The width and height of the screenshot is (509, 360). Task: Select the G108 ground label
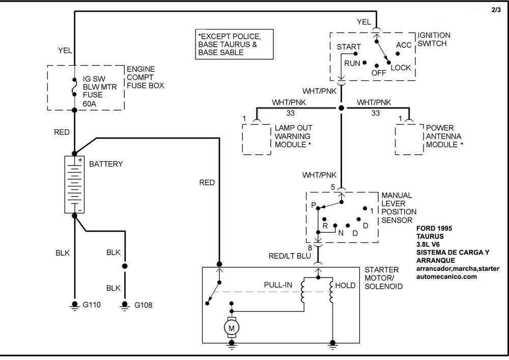(x=144, y=306)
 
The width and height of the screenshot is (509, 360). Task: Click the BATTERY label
(x=106, y=164)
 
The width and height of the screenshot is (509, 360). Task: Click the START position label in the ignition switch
(x=349, y=47)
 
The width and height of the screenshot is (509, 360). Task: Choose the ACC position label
(x=404, y=45)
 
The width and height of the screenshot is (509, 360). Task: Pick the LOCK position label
(x=401, y=68)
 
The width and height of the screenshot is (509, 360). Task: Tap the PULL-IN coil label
(x=278, y=284)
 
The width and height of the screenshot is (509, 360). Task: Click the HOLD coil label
(x=346, y=286)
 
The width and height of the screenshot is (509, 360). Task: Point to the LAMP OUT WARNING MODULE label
(x=293, y=136)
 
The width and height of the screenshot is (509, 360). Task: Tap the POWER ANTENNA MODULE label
(x=444, y=136)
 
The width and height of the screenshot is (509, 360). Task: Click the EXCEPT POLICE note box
(x=235, y=45)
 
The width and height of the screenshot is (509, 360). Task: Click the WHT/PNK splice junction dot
(x=342, y=108)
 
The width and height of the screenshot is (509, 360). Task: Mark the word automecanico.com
(x=447, y=276)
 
